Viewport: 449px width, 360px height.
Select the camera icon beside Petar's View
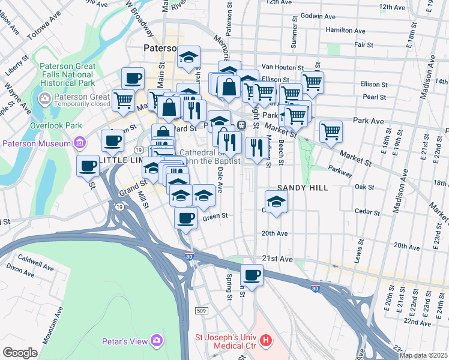click(157, 341)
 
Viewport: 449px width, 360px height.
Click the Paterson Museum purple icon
click(79, 143)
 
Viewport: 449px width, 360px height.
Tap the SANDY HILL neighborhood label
click(303, 188)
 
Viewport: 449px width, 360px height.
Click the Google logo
click(20, 352)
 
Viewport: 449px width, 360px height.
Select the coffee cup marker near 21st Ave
click(252, 276)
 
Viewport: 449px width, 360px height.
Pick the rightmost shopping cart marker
click(331, 131)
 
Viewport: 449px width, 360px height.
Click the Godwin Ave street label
click(316, 16)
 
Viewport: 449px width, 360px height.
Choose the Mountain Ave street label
click(50, 325)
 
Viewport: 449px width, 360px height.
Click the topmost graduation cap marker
click(189, 58)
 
